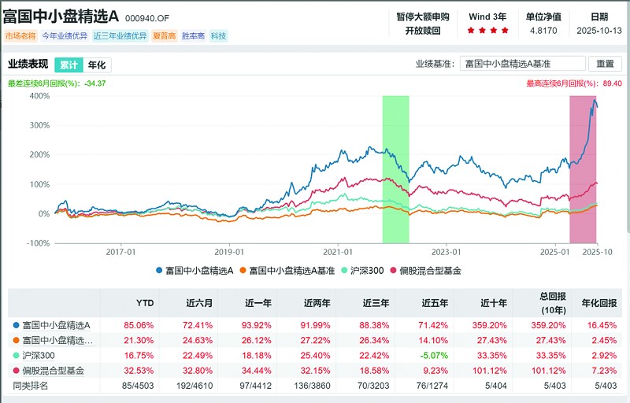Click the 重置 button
(604, 64)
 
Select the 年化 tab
(96, 65)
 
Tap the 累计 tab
(69, 65)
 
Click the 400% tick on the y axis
(39, 96)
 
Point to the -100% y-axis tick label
(37, 243)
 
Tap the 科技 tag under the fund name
(218, 35)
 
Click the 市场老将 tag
(20, 35)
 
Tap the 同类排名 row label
(31, 386)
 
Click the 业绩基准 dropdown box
(522, 64)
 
